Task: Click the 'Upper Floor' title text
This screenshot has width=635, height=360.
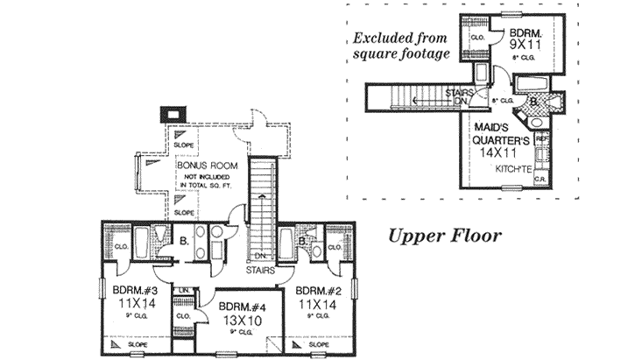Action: (x=445, y=236)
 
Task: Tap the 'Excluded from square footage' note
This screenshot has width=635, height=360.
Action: (x=402, y=46)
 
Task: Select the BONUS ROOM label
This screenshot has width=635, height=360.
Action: (x=207, y=165)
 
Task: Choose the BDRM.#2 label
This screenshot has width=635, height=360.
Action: (x=316, y=292)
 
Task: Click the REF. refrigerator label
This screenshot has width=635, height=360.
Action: (x=541, y=138)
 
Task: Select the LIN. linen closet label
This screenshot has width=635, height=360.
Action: (x=184, y=290)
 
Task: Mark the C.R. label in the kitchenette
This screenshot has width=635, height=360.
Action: (x=540, y=179)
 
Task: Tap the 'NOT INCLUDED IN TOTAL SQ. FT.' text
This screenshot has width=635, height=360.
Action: (x=207, y=181)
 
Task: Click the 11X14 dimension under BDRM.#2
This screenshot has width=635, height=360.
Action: (x=316, y=305)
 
